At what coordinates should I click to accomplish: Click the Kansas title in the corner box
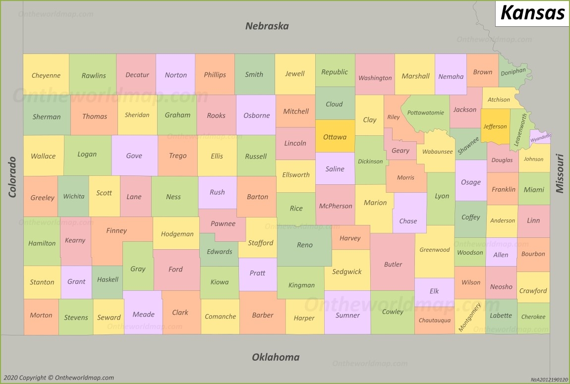tap(532, 13)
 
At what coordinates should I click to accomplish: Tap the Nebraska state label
tap(267, 26)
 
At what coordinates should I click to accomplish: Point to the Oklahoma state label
tap(276, 357)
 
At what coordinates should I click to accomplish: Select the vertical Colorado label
tap(12, 177)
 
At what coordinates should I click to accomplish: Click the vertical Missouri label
tap(560, 173)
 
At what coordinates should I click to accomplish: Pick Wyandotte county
tap(540, 138)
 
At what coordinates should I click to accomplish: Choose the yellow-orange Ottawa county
tap(335, 137)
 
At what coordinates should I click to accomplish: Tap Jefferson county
tap(495, 126)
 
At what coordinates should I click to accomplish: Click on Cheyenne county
tap(46, 75)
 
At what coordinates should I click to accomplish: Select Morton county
tap(41, 315)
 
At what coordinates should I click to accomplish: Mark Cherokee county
tap(533, 317)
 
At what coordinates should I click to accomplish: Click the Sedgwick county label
tap(347, 272)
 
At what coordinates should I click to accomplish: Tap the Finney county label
tap(116, 230)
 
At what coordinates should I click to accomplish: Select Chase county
tap(408, 221)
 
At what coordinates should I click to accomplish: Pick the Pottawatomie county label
tap(425, 112)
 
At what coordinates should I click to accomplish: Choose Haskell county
tap(108, 279)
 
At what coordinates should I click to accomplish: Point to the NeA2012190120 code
tap(549, 380)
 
